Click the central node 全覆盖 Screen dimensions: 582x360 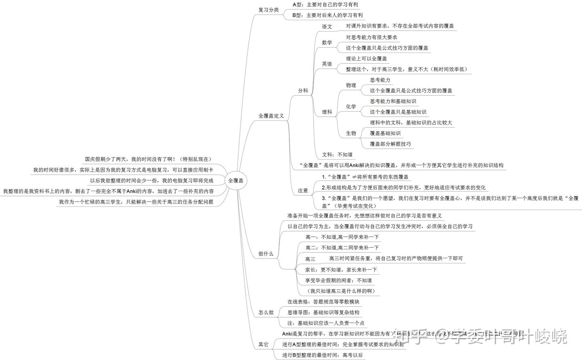[x=236, y=181]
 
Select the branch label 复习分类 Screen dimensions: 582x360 [x=268, y=10]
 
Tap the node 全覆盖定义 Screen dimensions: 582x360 [x=271, y=116]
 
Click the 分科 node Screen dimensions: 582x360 [x=303, y=91]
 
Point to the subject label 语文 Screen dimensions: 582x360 [x=327, y=27]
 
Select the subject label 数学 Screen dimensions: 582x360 [x=327, y=43]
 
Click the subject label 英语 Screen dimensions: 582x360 [x=327, y=64]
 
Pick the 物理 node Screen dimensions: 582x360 [x=351, y=85]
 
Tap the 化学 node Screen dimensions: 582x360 [x=351, y=107]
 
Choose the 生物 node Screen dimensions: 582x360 [x=351, y=133]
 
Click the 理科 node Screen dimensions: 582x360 [x=327, y=112]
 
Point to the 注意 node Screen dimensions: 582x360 [x=303, y=190]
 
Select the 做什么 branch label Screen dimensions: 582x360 [x=266, y=254]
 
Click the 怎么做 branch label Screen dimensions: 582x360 [x=266, y=312]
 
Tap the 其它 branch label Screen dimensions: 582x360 [x=263, y=344]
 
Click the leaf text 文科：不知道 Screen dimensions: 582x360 [x=337, y=154]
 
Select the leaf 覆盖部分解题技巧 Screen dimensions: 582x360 [x=390, y=144]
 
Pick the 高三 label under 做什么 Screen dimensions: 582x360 [x=310, y=259]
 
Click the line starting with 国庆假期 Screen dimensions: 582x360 [x=148, y=159]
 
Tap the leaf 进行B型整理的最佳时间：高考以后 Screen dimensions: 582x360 [x=323, y=355]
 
